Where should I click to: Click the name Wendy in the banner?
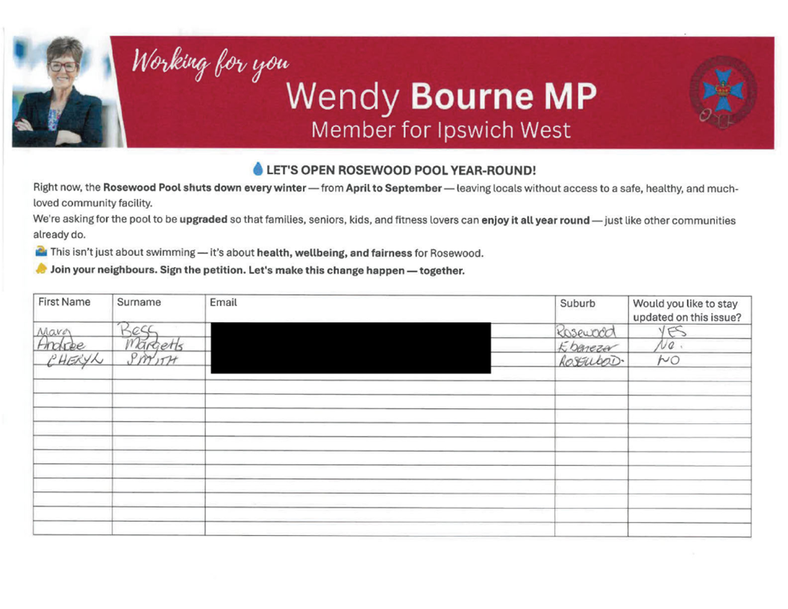click(x=343, y=96)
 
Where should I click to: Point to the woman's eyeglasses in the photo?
click(x=63, y=66)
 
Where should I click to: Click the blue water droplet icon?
click(x=258, y=169)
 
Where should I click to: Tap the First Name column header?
click(x=64, y=302)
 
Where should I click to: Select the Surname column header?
click(x=139, y=302)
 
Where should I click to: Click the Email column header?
click(x=223, y=302)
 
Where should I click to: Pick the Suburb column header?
click(x=578, y=303)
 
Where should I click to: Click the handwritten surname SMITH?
click(x=151, y=360)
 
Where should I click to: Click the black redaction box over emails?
click(x=351, y=347)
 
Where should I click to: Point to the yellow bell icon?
click(x=41, y=269)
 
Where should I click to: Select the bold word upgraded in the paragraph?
click(x=203, y=220)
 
